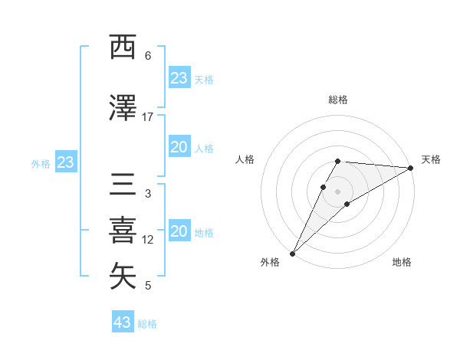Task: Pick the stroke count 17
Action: [148, 117]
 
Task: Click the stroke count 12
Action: [148, 240]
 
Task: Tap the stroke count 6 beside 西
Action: [148, 56]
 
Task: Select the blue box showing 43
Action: [123, 322]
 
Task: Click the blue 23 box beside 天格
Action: [179, 78]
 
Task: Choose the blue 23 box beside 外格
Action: [65, 162]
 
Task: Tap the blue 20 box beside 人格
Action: [179, 147]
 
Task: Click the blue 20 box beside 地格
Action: [179, 231]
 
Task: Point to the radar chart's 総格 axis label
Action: [338, 100]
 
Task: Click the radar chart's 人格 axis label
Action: [245, 159]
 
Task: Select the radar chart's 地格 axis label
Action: [402, 262]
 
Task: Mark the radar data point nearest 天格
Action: [410, 169]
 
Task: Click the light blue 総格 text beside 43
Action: [148, 324]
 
